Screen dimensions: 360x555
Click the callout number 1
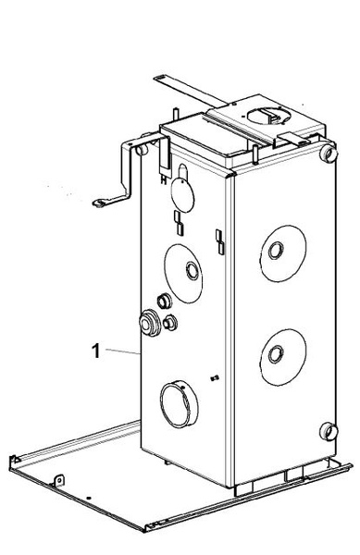pos(95,351)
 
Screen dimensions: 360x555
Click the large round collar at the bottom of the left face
pos(180,404)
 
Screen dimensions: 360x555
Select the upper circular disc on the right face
pos(283,253)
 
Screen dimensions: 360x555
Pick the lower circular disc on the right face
pos(283,357)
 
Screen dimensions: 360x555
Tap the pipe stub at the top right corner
pos(329,154)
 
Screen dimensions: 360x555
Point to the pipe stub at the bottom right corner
pos(329,431)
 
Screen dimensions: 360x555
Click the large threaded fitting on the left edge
pos(150,323)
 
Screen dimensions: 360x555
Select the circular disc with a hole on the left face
pos(183,273)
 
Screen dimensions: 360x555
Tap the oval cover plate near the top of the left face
pos(182,194)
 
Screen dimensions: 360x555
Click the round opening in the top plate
pos(268,117)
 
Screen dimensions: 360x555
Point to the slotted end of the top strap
pos(160,79)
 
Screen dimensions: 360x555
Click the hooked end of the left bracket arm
pos(99,203)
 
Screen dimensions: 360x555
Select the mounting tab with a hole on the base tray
pos(58,480)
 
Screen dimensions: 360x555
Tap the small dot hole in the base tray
pos(89,498)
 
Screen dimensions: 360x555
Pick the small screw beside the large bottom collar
pos(215,378)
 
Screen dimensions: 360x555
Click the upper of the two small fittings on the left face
pos(164,302)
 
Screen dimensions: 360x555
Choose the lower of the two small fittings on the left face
pos(170,323)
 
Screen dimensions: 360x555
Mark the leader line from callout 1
pos(123,351)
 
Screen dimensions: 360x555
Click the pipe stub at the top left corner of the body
pos(142,150)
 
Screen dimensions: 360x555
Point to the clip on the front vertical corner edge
pos(220,242)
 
